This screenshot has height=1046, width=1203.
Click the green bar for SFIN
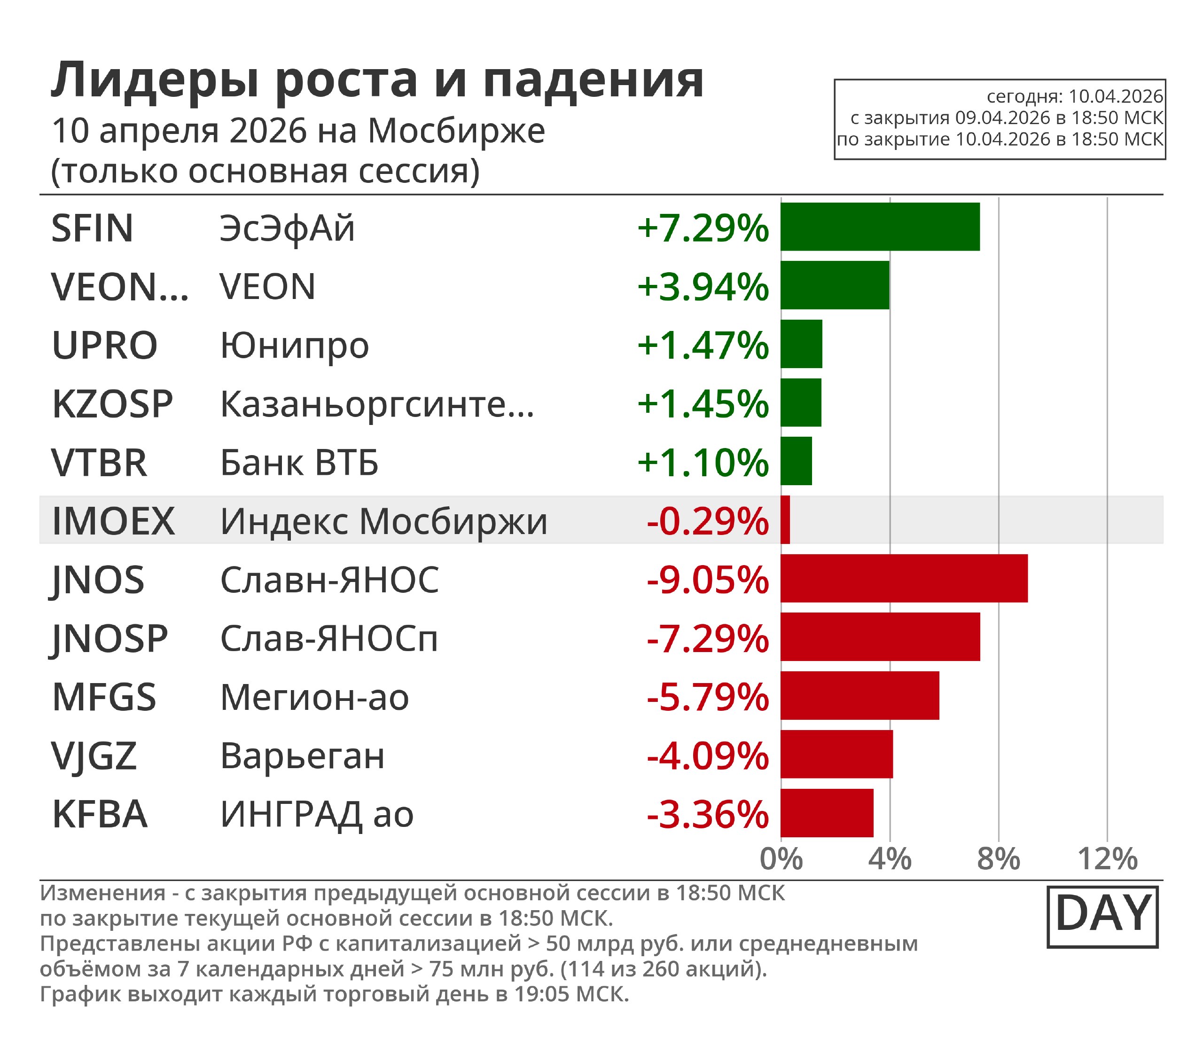click(880, 227)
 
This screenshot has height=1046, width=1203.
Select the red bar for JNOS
click(904, 578)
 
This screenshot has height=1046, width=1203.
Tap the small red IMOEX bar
click(785, 520)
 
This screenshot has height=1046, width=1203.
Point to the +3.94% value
click(703, 287)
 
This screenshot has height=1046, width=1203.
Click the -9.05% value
click(708, 580)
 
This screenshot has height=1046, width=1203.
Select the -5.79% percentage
click(708, 697)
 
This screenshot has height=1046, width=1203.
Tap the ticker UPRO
click(105, 345)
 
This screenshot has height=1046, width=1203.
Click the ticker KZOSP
click(113, 404)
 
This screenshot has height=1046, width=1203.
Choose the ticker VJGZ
click(94, 756)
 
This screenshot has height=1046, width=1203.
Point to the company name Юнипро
click(295, 345)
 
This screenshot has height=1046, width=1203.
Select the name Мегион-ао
click(314, 697)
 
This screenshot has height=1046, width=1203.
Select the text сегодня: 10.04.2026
click(1075, 96)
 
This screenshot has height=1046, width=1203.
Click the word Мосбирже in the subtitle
click(456, 131)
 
